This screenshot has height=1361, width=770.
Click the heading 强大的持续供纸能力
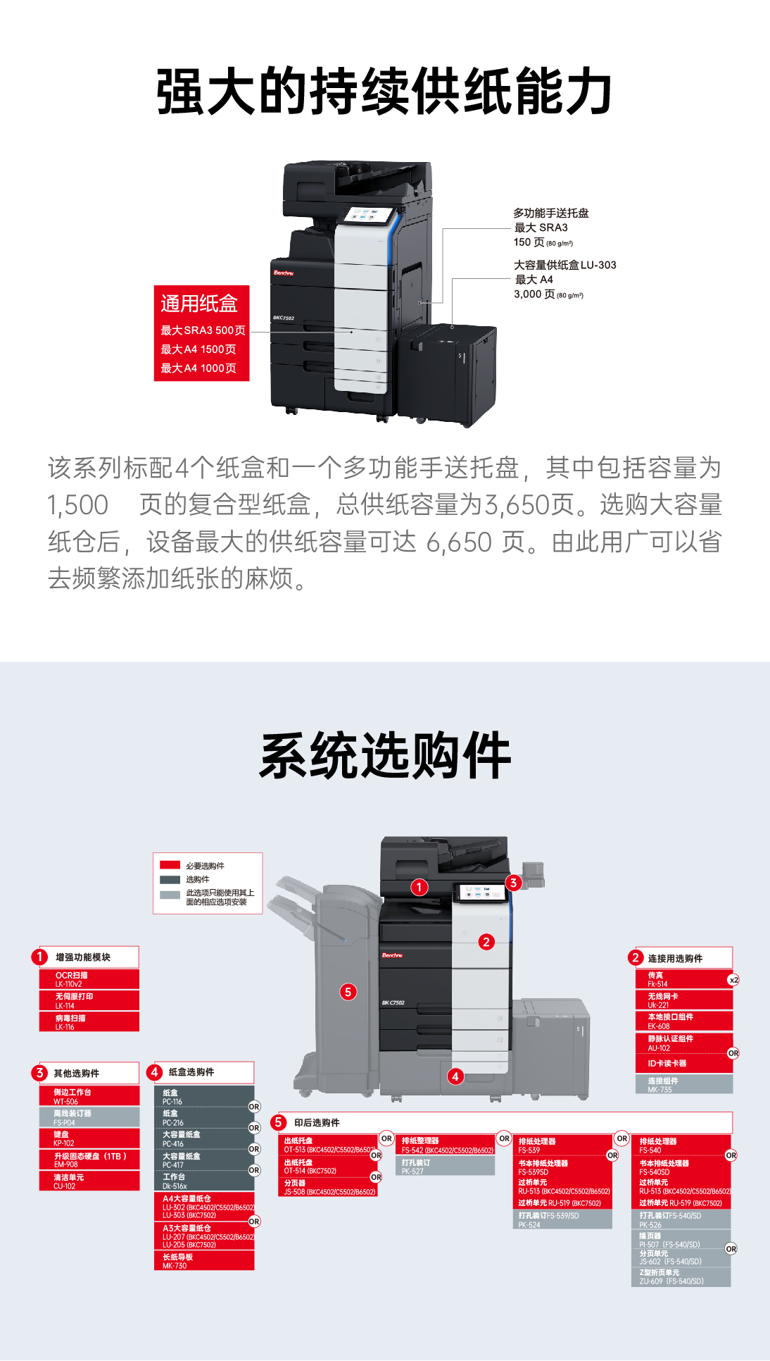384,92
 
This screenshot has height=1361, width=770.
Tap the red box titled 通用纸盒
201,333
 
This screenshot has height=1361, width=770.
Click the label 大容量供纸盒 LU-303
564,266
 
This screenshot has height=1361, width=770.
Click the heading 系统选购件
384,756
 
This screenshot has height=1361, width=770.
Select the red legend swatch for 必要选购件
170,865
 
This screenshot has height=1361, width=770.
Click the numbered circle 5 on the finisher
348,992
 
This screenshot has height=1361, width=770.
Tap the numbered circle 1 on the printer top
419,887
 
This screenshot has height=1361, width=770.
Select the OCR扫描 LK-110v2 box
89,979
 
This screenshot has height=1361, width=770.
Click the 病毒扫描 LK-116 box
89,1022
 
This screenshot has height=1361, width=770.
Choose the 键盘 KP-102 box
89,1138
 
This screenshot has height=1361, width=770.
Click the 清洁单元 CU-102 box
89,1181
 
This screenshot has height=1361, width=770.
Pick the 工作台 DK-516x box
203,1181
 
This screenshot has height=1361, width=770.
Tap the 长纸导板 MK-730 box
203,1261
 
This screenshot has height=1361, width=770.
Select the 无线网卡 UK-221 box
683,1000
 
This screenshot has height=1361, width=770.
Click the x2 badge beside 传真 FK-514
733,980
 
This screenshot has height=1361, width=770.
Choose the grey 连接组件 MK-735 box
683,1085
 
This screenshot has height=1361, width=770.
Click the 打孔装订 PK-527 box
446,1167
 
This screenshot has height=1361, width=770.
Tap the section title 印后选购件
317,1123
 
